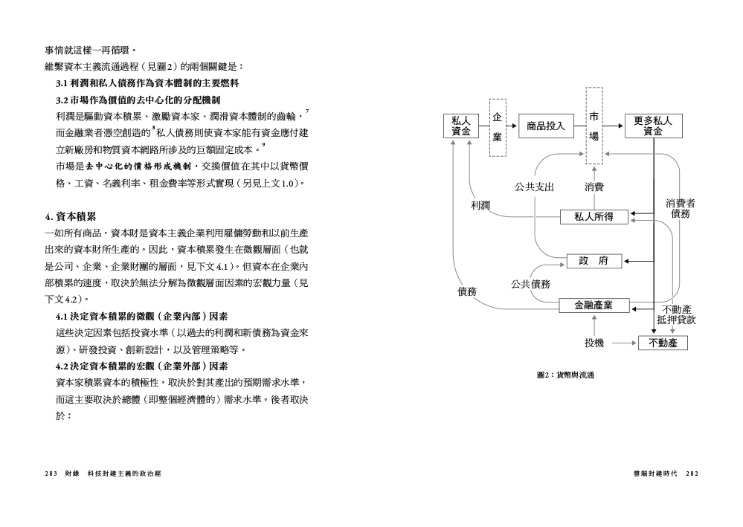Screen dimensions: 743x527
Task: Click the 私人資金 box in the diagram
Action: point(460,126)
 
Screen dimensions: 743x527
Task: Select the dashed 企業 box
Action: point(498,127)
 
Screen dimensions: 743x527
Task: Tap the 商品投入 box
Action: point(546,126)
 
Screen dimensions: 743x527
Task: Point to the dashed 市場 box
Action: point(594,126)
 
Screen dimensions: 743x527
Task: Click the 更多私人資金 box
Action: point(654,126)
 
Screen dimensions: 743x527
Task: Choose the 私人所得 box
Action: point(594,217)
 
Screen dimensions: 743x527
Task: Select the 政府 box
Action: point(594,261)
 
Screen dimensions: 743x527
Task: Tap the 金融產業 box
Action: point(594,305)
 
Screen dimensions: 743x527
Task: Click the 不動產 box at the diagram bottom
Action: point(663,343)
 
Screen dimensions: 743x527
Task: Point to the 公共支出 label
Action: point(535,187)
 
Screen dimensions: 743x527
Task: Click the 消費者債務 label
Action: point(680,208)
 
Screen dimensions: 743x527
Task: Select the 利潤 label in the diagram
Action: point(480,205)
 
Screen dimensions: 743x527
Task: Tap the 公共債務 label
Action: point(530,284)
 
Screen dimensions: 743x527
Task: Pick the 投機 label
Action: point(594,343)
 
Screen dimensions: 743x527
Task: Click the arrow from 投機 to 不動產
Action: point(624,343)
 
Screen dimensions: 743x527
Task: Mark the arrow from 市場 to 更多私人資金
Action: point(613,126)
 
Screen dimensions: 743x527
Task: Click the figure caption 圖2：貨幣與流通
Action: point(565,375)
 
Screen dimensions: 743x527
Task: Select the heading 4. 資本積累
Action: point(71,217)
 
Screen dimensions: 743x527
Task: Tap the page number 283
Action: point(51,473)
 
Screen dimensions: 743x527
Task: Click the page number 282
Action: point(692,473)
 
